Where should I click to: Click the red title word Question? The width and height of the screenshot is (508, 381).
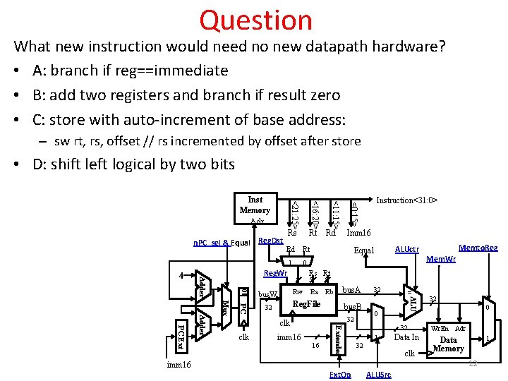tap(255, 20)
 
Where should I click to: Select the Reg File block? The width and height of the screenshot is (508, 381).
tap(306, 304)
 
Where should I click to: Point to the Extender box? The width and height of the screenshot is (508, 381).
tap(338, 339)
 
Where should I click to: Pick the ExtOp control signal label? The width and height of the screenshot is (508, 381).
tap(341, 373)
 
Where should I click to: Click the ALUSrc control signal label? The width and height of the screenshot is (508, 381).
tap(380, 373)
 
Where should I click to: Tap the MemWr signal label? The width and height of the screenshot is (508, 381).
tap(442, 259)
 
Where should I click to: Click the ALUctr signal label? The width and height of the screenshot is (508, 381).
tap(407, 249)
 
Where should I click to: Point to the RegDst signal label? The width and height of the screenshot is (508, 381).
tap(272, 241)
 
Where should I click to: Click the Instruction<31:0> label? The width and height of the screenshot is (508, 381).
tap(407, 200)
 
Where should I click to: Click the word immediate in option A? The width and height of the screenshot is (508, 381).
tap(191, 71)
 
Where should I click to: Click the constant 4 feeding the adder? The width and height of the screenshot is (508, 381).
tap(181, 275)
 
